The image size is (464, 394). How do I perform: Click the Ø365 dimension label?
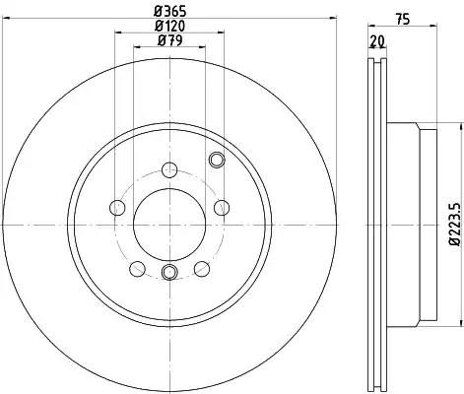[x=169, y=12]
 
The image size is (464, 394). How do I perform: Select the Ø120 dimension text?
[x=169, y=26]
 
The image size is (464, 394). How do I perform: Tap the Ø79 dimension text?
[x=169, y=40]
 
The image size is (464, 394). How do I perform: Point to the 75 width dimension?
[x=403, y=19]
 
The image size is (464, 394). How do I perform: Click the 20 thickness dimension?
[x=377, y=41]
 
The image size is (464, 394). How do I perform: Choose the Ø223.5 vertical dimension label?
[x=455, y=225]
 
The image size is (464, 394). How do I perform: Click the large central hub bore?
[x=169, y=225]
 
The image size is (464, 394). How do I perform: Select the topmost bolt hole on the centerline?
[x=169, y=169]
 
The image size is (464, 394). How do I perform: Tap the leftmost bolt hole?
[x=117, y=208]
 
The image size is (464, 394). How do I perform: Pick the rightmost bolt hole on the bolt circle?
[x=222, y=208]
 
